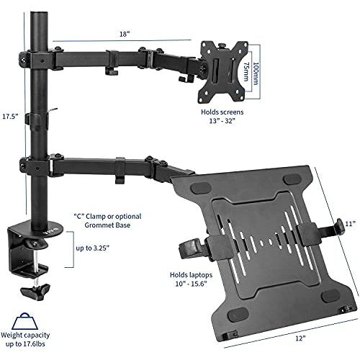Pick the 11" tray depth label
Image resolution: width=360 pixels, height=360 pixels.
[350, 224]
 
